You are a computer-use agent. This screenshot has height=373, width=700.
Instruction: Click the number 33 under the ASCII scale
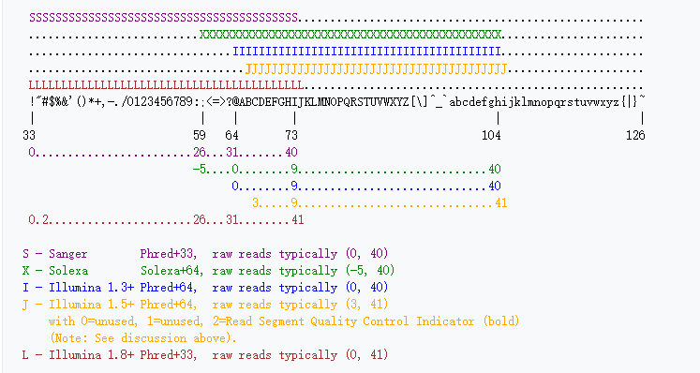29,136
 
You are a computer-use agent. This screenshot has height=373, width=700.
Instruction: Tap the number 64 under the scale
231,136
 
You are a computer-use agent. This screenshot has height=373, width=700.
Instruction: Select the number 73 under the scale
291,136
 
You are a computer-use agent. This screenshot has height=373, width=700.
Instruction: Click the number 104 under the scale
492,136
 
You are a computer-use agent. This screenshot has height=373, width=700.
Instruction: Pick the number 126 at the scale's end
636,136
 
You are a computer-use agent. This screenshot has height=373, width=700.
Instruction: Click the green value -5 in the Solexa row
199,170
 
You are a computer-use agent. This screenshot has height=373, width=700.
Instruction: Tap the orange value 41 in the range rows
501,203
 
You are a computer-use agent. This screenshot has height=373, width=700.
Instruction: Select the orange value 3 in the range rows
256,203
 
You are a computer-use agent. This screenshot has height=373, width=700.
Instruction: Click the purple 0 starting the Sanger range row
32,153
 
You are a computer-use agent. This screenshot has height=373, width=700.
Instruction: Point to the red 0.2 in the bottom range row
38,220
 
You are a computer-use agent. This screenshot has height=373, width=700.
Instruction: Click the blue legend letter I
25,288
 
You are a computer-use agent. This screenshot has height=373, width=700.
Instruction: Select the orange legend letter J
25,305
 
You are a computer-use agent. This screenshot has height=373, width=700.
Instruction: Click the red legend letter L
25,355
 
